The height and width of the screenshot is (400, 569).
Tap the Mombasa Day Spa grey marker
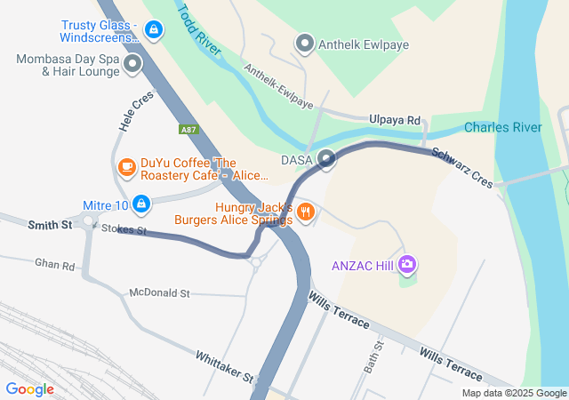point(133,64)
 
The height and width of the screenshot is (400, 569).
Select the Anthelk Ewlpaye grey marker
point(305,43)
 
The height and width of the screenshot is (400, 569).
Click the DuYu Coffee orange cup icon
point(126,167)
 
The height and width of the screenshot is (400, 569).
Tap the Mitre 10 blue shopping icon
point(141,205)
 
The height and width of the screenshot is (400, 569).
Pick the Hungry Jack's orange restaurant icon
point(306,212)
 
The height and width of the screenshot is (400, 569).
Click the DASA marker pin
point(326,160)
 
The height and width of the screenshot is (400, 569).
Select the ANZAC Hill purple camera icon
point(407,264)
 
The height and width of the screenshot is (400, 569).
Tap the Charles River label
point(502,127)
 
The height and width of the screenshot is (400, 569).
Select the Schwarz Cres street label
point(461,166)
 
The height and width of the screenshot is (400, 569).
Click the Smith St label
point(49,226)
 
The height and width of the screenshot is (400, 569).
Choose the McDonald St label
point(160,292)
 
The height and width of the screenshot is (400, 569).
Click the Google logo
point(30,388)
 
